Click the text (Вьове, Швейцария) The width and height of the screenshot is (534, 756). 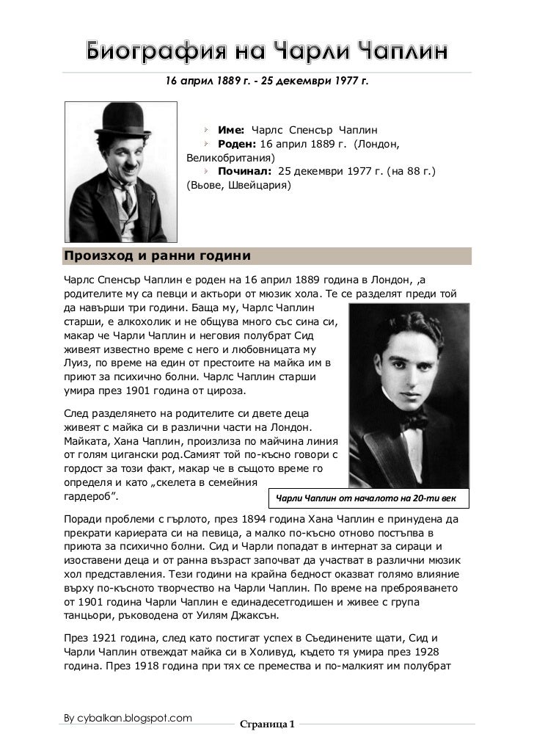click(238, 186)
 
